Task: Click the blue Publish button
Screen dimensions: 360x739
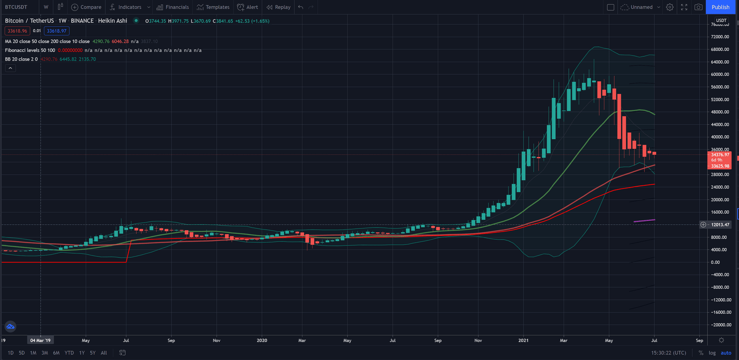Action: pos(720,7)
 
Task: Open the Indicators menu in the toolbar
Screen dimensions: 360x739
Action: pos(129,7)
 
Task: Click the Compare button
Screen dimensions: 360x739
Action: pos(86,7)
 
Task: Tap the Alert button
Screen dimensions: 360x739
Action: pos(248,7)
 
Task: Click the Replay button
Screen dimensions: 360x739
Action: pos(279,7)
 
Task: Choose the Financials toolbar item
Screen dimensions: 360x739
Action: pos(173,7)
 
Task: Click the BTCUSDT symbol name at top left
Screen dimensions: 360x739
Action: pos(16,7)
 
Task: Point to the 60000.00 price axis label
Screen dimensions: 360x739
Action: pos(720,74)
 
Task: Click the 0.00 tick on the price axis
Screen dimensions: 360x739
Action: pos(715,262)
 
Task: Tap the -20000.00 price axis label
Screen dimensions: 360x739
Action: pos(721,325)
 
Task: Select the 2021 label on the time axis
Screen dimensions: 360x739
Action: pos(523,341)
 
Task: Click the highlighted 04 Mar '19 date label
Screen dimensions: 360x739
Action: pos(40,341)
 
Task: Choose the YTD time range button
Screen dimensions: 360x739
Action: pos(69,353)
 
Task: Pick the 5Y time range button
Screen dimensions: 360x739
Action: pos(93,353)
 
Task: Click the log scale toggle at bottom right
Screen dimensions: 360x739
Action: pos(712,353)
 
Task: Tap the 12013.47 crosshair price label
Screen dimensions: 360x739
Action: pos(720,225)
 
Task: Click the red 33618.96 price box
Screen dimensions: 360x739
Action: pos(18,31)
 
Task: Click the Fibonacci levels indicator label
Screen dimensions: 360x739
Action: pos(30,50)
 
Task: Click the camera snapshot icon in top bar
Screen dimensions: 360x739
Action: pos(698,7)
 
